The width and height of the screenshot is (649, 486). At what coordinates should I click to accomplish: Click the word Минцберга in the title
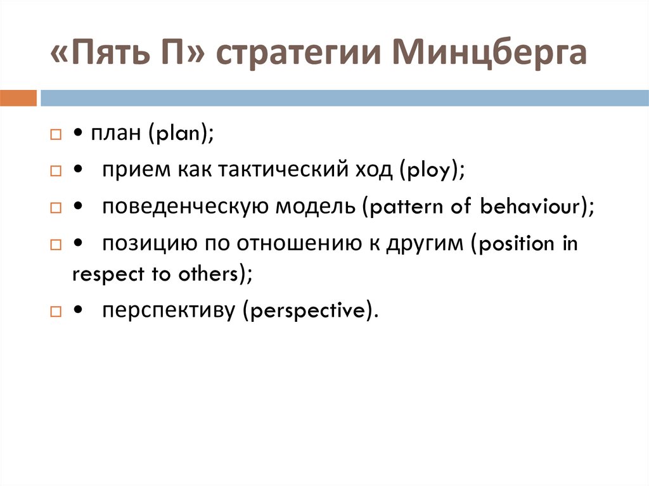(x=489, y=54)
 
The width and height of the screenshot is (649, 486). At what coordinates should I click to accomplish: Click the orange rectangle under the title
(x=18, y=98)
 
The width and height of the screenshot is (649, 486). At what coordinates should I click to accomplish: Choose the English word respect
(x=98, y=275)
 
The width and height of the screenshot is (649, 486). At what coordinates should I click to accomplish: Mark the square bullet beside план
(x=56, y=135)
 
